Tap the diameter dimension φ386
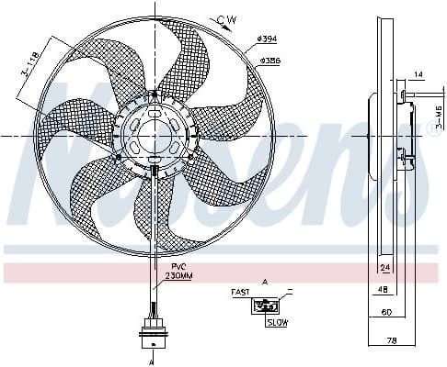(270, 61)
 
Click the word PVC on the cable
(178, 266)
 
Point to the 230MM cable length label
(178, 276)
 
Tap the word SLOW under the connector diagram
(275, 323)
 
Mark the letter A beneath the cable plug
(152, 360)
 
